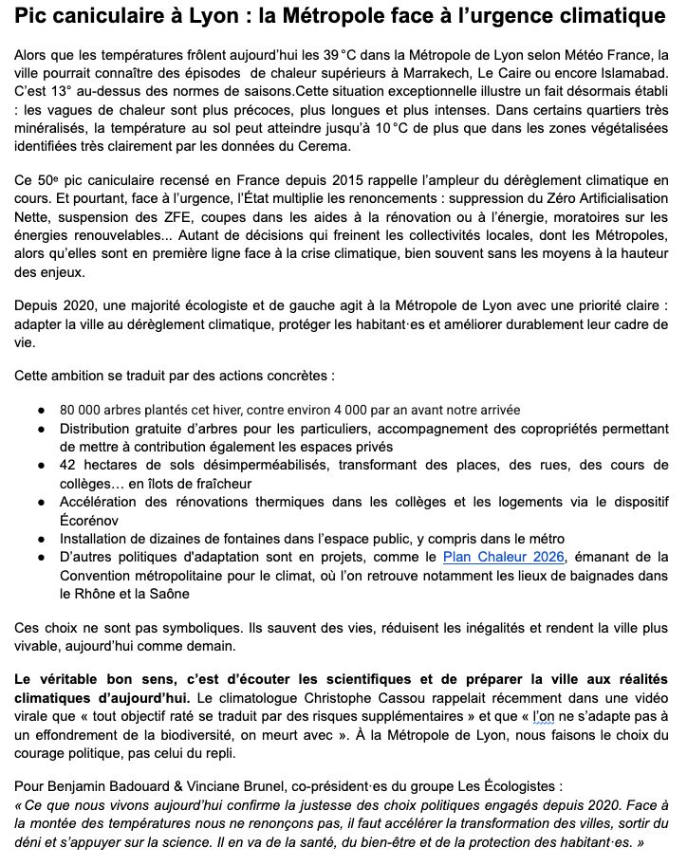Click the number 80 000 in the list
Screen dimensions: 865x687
[x=82, y=410]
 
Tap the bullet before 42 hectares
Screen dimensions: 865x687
[x=41, y=466]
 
